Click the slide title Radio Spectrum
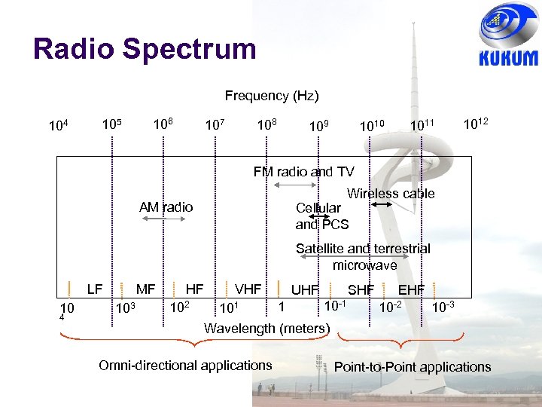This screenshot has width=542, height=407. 145,49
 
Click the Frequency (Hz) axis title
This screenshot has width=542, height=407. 272,96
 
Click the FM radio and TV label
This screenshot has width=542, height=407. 303,172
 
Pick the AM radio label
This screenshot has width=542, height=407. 166,207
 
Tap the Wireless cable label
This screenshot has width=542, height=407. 391,194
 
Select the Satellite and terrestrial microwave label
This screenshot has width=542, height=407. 363,256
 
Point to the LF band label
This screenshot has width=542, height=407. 95,289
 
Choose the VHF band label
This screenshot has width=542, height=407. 248,289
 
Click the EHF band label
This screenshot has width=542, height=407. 411,289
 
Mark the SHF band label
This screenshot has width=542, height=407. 361,289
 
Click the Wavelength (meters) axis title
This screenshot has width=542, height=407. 267,329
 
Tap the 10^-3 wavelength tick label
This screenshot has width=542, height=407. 443,307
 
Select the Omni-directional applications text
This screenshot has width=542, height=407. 185,366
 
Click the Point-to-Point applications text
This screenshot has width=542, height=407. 412,367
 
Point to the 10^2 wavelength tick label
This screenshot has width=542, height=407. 178,308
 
